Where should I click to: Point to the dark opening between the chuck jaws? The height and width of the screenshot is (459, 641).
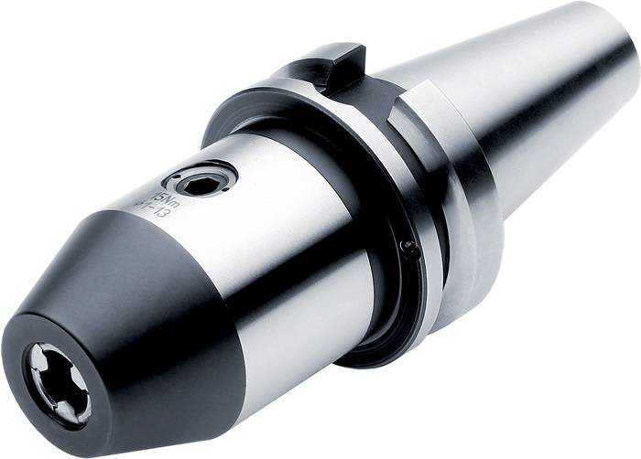tap(61, 385)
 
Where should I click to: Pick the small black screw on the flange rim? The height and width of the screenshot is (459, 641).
tap(409, 247)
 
